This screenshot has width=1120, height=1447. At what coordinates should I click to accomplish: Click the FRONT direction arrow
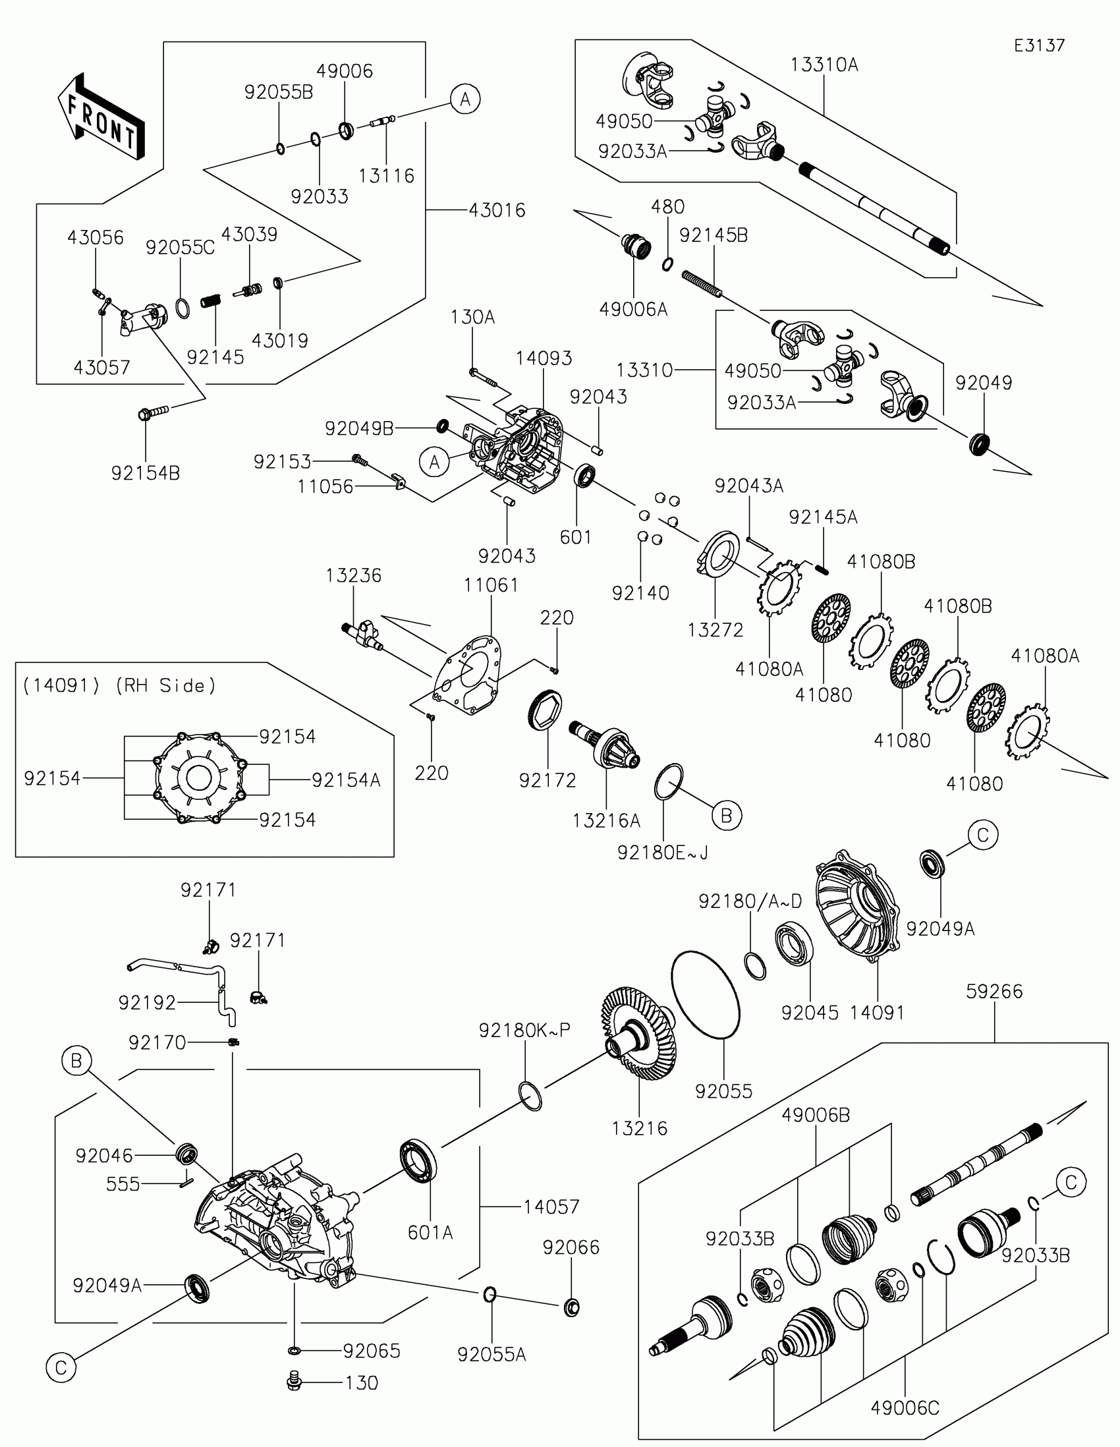[101, 118]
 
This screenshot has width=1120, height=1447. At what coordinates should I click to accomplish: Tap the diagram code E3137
[1039, 45]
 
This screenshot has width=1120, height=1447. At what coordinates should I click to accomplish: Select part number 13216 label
[639, 1128]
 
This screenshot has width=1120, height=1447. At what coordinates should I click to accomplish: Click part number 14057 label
[551, 1206]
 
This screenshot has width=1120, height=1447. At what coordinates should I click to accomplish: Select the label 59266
[994, 991]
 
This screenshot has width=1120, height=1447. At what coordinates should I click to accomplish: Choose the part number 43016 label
[497, 210]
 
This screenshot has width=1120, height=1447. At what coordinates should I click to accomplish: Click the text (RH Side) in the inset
[165, 685]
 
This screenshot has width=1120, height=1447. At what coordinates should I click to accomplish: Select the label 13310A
[824, 65]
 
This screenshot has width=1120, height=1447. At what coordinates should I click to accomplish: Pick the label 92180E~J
[662, 853]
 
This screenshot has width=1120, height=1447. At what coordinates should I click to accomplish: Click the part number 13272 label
[715, 629]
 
